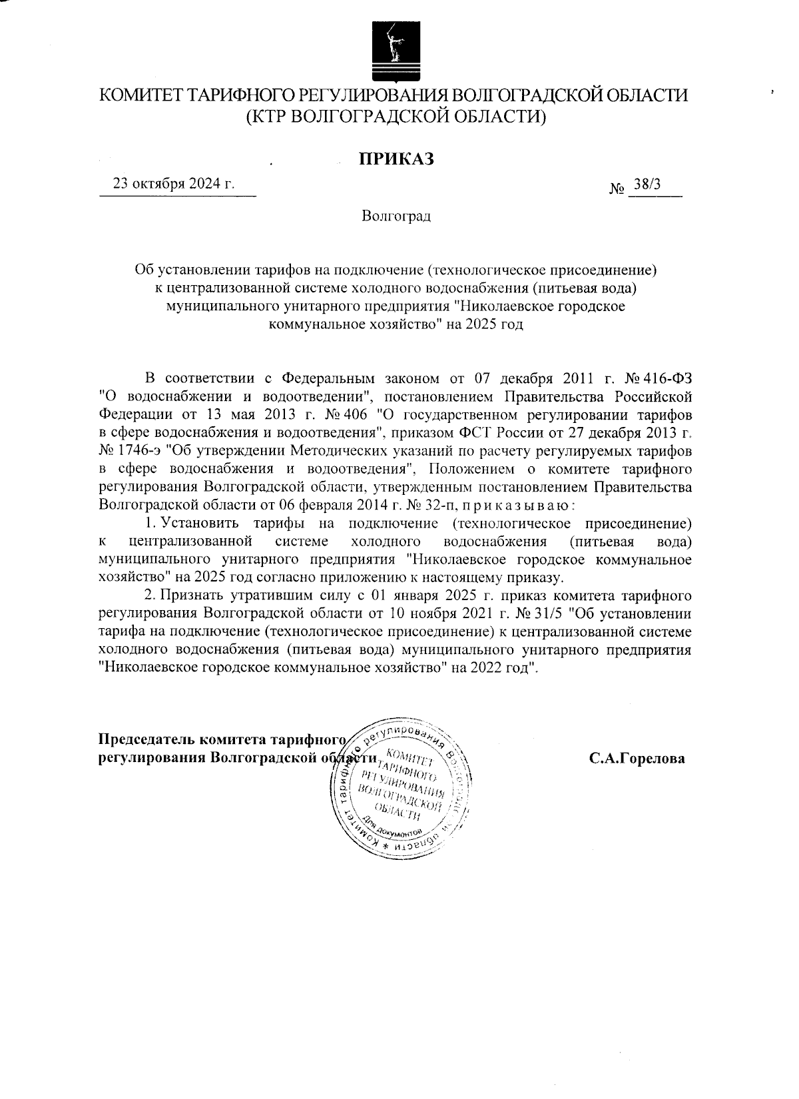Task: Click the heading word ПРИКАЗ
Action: [396, 159]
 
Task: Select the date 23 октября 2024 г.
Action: [174, 184]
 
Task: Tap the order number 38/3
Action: [647, 184]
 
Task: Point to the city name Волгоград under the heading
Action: [396, 216]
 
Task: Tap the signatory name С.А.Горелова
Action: [637, 758]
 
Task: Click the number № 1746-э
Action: [128, 451]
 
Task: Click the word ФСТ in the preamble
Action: [496, 433]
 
